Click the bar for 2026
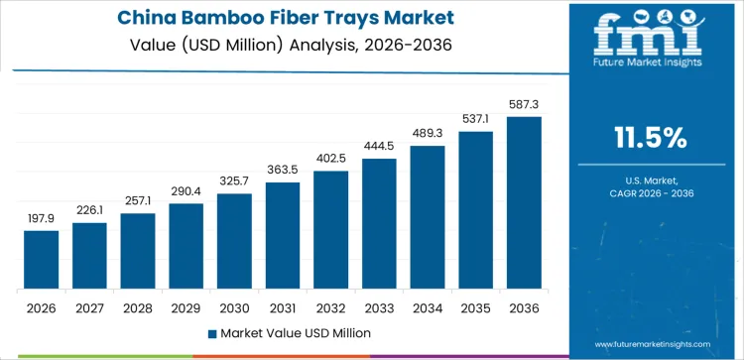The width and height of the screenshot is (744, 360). pos(42,260)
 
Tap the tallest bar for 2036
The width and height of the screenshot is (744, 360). pos(524,203)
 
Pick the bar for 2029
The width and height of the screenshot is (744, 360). pos(186,247)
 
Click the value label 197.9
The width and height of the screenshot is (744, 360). pos(42,218)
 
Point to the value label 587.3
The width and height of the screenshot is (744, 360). pos(524,104)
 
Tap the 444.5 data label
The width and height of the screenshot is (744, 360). pos(379,146)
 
